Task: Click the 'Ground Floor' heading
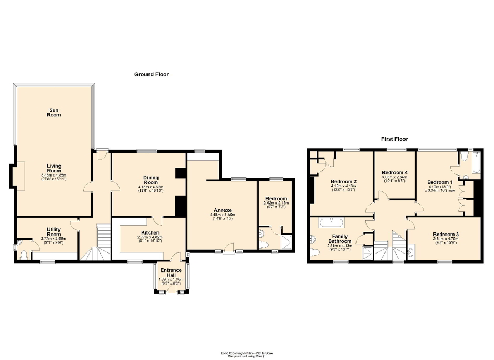tap(151, 75)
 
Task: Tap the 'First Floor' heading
tap(394, 139)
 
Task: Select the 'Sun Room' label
tap(54, 112)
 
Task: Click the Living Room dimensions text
tap(54, 177)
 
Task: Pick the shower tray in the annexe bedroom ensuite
tap(286, 242)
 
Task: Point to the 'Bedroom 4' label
tap(394, 172)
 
